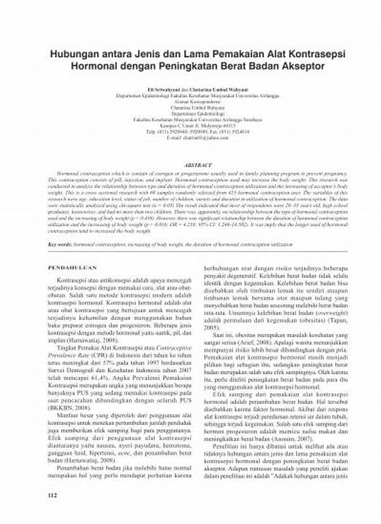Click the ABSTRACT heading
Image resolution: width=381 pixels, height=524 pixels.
tap(190, 165)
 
